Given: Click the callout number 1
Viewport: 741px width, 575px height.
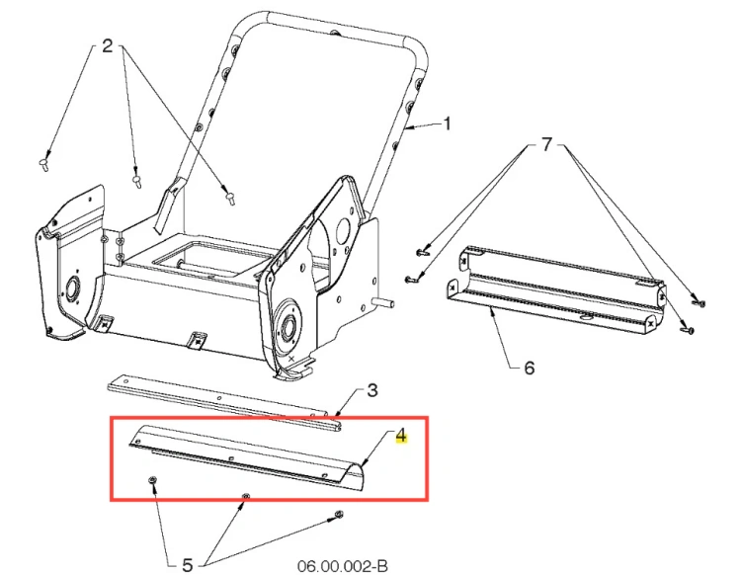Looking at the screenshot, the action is pyautogui.click(x=447, y=124).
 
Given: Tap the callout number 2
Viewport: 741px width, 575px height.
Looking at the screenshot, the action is pyautogui.click(x=108, y=45).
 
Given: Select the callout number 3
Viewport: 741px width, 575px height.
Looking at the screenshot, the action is pyautogui.click(x=372, y=390).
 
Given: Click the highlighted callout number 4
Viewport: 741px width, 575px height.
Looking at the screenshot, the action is pyautogui.click(x=401, y=435).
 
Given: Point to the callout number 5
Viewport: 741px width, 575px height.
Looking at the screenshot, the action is pyautogui.click(x=188, y=564).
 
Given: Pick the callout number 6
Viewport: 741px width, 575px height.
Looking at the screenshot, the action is pyautogui.click(x=530, y=368).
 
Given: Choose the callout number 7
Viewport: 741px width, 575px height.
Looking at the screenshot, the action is pyautogui.click(x=546, y=144).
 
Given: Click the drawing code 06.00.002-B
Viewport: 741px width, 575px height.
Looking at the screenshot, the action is pyautogui.click(x=343, y=565).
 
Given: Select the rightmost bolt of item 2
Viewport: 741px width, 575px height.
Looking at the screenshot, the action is pyautogui.click(x=230, y=198).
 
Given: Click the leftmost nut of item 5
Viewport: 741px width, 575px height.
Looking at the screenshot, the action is pyautogui.click(x=152, y=480).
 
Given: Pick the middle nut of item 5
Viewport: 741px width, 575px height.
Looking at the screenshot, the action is pyautogui.click(x=245, y=496).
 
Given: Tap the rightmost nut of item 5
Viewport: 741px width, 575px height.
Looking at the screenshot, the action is pyautogui.click(x=338, y=514).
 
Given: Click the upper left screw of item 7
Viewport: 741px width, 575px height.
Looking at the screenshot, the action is pyautogui.click(x=422, y=253).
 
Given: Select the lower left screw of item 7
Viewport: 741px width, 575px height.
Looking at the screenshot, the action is pyautogui.click(x=411, y=281).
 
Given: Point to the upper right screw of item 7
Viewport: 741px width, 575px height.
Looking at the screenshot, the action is pyautogui.click(x=699, y=302).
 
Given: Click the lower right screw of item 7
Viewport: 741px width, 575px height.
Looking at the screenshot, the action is pyautogui.click(x=687, y=329).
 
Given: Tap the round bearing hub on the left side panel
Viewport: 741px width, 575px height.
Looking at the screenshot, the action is pyautogui.click(x=73, y=288).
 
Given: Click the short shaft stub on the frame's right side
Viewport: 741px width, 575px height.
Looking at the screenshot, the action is pyautogui.click(x=383, y=302).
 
